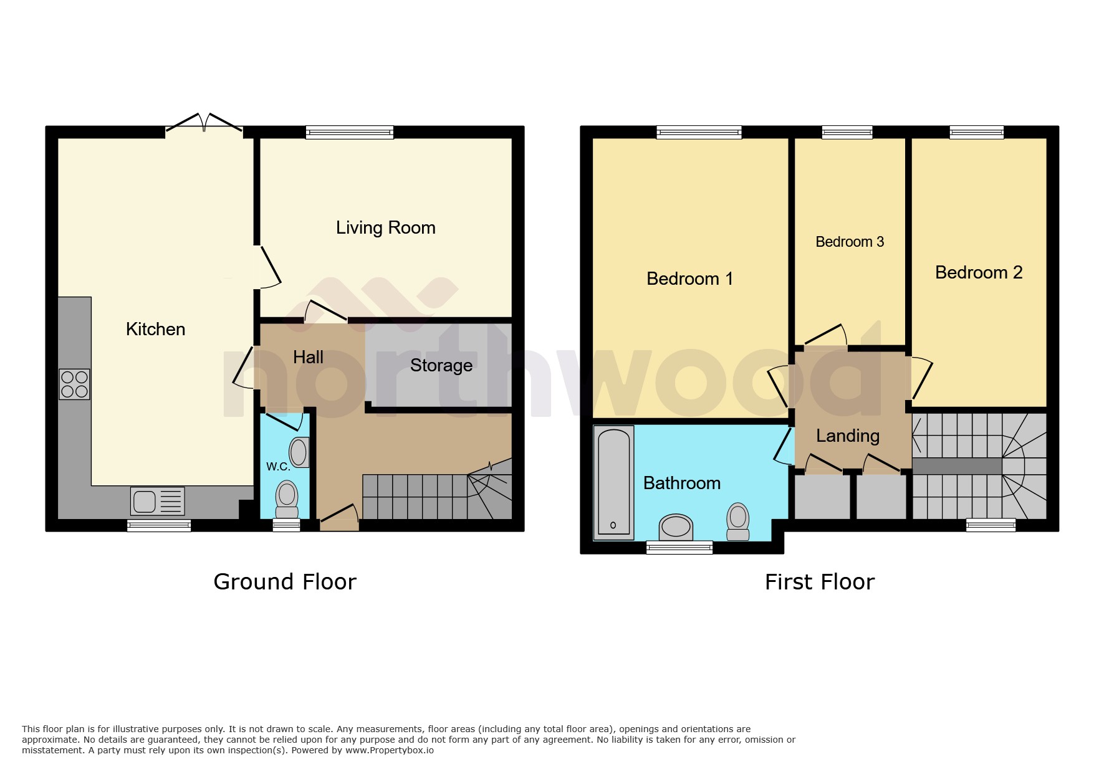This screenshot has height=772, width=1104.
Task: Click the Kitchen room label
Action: point(155,329)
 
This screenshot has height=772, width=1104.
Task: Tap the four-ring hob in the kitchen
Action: point(74,384)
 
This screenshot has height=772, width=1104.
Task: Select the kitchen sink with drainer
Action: point(157,501)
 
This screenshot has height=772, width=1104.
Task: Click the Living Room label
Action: point(385,228)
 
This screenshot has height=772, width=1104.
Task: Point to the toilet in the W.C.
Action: point(287,498)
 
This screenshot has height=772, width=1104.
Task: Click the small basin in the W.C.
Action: point(299,452)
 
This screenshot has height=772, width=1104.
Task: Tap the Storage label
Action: point(441,365)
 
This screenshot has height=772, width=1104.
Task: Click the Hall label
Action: point(308,357)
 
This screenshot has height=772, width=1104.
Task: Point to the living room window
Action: point(350,132)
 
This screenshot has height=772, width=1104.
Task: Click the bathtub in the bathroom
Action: point(613,482)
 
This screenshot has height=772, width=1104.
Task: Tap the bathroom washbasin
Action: point(676,527)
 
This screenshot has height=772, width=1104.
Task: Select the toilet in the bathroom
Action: point(738,521)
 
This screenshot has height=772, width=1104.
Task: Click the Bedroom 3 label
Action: point(849,242)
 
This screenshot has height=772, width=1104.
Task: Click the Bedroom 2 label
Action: point(978,272)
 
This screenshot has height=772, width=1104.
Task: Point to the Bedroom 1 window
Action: point(699,132)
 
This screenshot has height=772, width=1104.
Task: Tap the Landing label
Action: point(847,436)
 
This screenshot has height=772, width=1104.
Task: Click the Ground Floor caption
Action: point(285,582)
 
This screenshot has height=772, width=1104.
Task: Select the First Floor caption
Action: point(819,582)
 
